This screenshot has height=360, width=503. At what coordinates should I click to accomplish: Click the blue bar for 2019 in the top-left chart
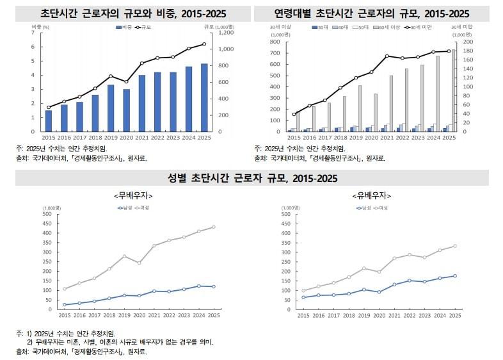pyautogui.click(x=111, y=108)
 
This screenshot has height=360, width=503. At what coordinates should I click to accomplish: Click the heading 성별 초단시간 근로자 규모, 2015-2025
pyautogui.click(x=251, y=177)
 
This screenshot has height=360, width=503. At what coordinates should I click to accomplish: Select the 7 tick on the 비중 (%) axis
pyautogui.click(x=33, y=32)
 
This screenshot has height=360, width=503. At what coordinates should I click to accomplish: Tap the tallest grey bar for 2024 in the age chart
pyautogui.click(x=438, y=94)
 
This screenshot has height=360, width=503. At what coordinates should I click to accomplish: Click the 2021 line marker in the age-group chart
pyautogui.click(x=387, y=56)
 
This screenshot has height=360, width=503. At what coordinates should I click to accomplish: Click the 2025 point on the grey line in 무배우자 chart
pyautogui.click(x=213, y=227)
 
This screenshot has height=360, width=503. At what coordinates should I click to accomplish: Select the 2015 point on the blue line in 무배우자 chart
pyautogui.click(x=65, y=305)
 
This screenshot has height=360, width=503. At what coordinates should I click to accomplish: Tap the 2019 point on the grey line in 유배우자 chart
pyautogui.click(x=363, y=268)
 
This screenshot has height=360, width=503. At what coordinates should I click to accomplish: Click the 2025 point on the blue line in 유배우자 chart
pyautogui.click(x=455, y=276)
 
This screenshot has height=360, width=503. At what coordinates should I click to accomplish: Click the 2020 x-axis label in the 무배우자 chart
pyautogui.click(x=139, y=316)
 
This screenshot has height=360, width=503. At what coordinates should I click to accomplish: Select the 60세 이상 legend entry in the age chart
pyautogui.click(x=389, y=28)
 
